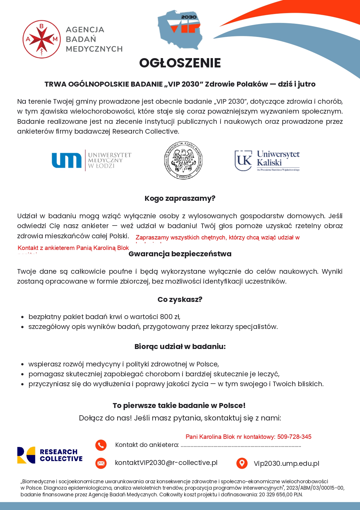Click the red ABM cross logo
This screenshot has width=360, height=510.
pos(41,39)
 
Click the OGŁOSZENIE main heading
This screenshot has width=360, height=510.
pos(180,63)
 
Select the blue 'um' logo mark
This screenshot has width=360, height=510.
pos(66,160)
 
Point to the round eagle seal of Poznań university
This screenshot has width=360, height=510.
pos(183,161)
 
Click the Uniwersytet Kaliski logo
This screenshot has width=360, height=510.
pos(267,160)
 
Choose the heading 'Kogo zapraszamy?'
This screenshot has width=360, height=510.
pos(180,198)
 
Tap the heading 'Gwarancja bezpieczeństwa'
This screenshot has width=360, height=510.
pos(180,254)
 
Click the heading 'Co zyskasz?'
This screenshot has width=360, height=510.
pos(180,300)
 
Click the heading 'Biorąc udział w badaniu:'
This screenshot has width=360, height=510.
pos(180,347)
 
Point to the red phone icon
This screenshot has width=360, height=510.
pos(101,445)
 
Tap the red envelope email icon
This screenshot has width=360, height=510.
pos(101,463)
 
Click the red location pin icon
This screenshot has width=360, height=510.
pos(242,463)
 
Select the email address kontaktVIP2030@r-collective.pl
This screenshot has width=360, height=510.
pos(166,463)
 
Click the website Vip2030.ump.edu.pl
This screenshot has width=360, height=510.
pos(286,464)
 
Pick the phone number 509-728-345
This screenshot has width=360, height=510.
pos(294,437)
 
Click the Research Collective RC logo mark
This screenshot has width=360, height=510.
pos(26,455)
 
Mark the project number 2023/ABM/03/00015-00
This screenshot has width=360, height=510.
pos(315,488)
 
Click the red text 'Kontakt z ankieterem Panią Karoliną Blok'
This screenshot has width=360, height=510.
pos(73,248)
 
